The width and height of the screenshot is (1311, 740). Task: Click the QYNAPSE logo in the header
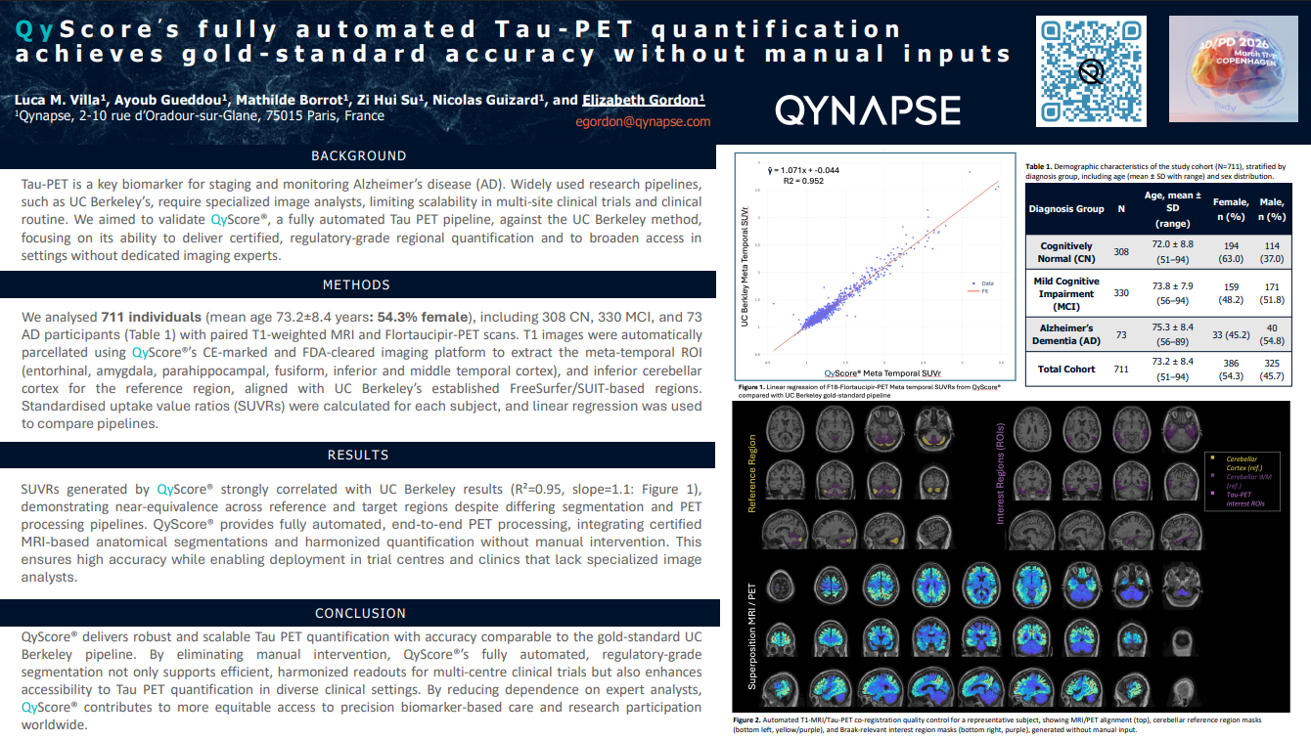click(868, 110)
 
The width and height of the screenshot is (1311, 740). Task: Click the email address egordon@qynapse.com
click(642, 122)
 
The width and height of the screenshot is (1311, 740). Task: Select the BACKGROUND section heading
click(358, 155)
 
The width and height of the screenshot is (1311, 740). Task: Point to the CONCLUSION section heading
click(360, 614)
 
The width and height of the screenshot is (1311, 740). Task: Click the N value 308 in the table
click(1121, 252)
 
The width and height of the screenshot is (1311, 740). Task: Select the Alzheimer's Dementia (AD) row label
click(1065, 334)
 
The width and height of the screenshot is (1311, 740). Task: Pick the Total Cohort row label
click(1065, 370)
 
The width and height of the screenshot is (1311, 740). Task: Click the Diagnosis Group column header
click(1065, 209)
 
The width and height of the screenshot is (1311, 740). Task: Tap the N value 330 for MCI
click(1121, 293)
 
